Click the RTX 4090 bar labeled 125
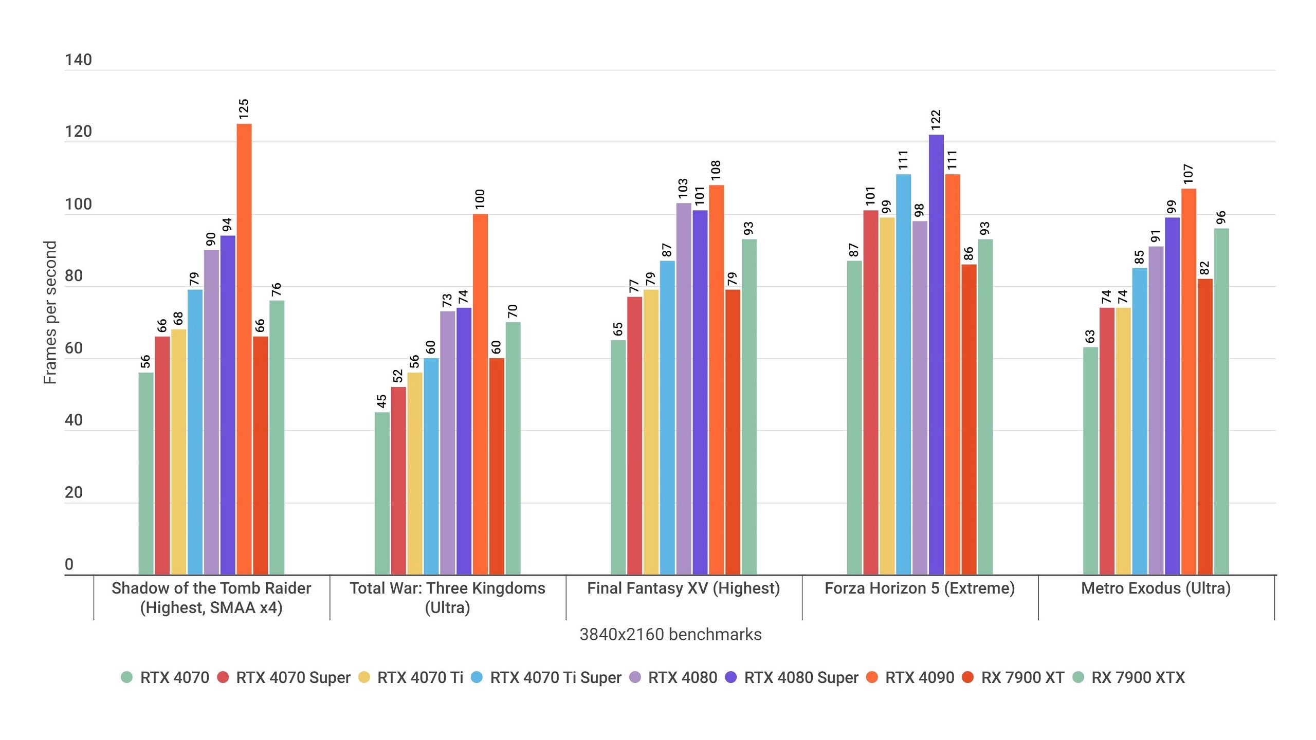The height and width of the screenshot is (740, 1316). coord(244,349)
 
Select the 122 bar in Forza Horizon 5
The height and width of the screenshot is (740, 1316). coord(936,355)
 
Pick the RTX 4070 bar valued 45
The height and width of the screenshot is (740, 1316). coord(382,493)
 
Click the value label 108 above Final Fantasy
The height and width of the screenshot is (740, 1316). coord(716,171)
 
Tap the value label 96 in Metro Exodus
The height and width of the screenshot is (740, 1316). coord(1221,217)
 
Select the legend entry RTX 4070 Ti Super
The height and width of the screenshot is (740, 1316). coord(555,677)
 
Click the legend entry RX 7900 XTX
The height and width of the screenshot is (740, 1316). coord(1138,677)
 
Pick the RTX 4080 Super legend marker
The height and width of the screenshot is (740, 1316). coord(730,677)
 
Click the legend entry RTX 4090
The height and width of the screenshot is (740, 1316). coord(919,677)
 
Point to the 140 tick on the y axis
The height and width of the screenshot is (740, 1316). coord(78,60)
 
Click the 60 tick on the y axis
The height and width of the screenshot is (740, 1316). coord(74,348)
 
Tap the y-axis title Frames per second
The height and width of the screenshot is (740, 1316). coord(50,312)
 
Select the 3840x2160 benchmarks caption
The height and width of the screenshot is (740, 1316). coord(670,635)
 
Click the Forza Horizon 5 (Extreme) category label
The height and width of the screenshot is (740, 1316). coord(920,588)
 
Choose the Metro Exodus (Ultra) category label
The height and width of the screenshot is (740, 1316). coord(1156,588)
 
